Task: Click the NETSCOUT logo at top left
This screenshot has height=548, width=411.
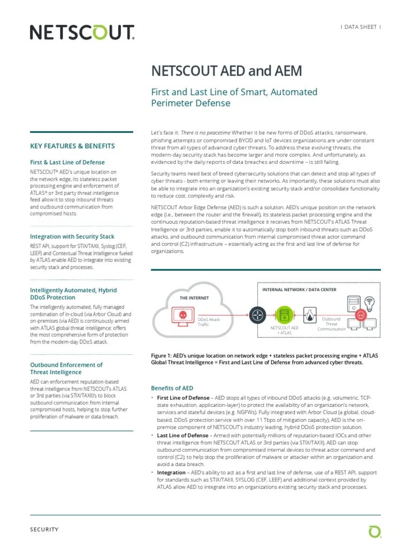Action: (x=81, y=34)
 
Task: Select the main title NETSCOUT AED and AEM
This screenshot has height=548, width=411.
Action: (x=227, y=72)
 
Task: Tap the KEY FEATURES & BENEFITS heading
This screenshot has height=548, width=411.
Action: (x=73, y=146)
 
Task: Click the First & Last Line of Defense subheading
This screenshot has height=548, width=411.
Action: (x=67, y=162)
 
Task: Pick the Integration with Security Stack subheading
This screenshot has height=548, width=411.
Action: (x=72, y=237)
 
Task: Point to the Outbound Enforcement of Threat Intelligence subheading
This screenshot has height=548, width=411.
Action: (x=66, y=369)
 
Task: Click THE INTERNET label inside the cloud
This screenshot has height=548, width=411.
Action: (x=194, y=298)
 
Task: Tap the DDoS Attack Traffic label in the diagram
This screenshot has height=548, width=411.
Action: (x=209, y=322)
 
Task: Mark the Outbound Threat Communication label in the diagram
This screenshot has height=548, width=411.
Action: (x=332, y=324)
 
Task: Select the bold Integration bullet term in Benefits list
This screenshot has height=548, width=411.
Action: (x=172, y=473)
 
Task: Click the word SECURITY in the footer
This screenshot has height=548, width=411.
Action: (x=44, y=529)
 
